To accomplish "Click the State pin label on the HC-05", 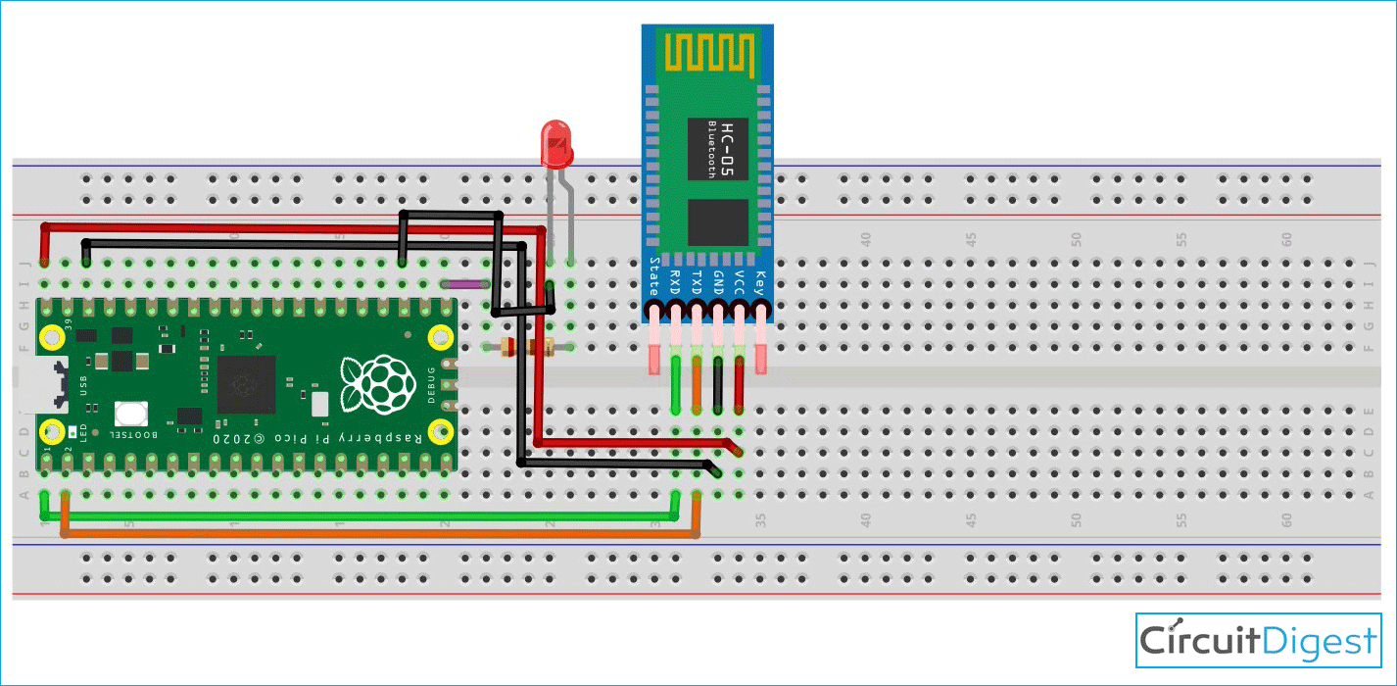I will tap(654, 277).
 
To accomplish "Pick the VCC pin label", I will tap(740, 281).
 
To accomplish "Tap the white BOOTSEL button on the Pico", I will tap(130, 414).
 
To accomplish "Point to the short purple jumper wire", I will tap(464, 284).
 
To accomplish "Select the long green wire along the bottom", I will tap(362, 515).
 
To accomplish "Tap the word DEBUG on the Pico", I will tap(431, 385).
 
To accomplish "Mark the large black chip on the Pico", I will tap(245, 384).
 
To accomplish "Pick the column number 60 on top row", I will tap(1287, 239).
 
